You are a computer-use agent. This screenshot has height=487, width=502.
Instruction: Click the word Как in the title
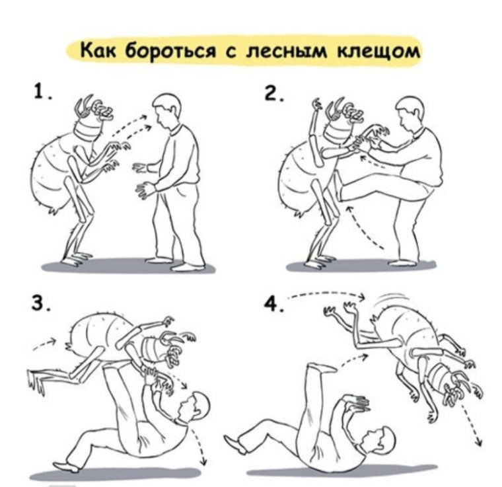click(96, 50)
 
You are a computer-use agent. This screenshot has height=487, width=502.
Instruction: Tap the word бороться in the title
click(168, 51)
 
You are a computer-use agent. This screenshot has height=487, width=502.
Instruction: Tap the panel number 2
click(273, 94)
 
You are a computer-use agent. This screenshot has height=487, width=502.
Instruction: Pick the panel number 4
click(270, 304)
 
